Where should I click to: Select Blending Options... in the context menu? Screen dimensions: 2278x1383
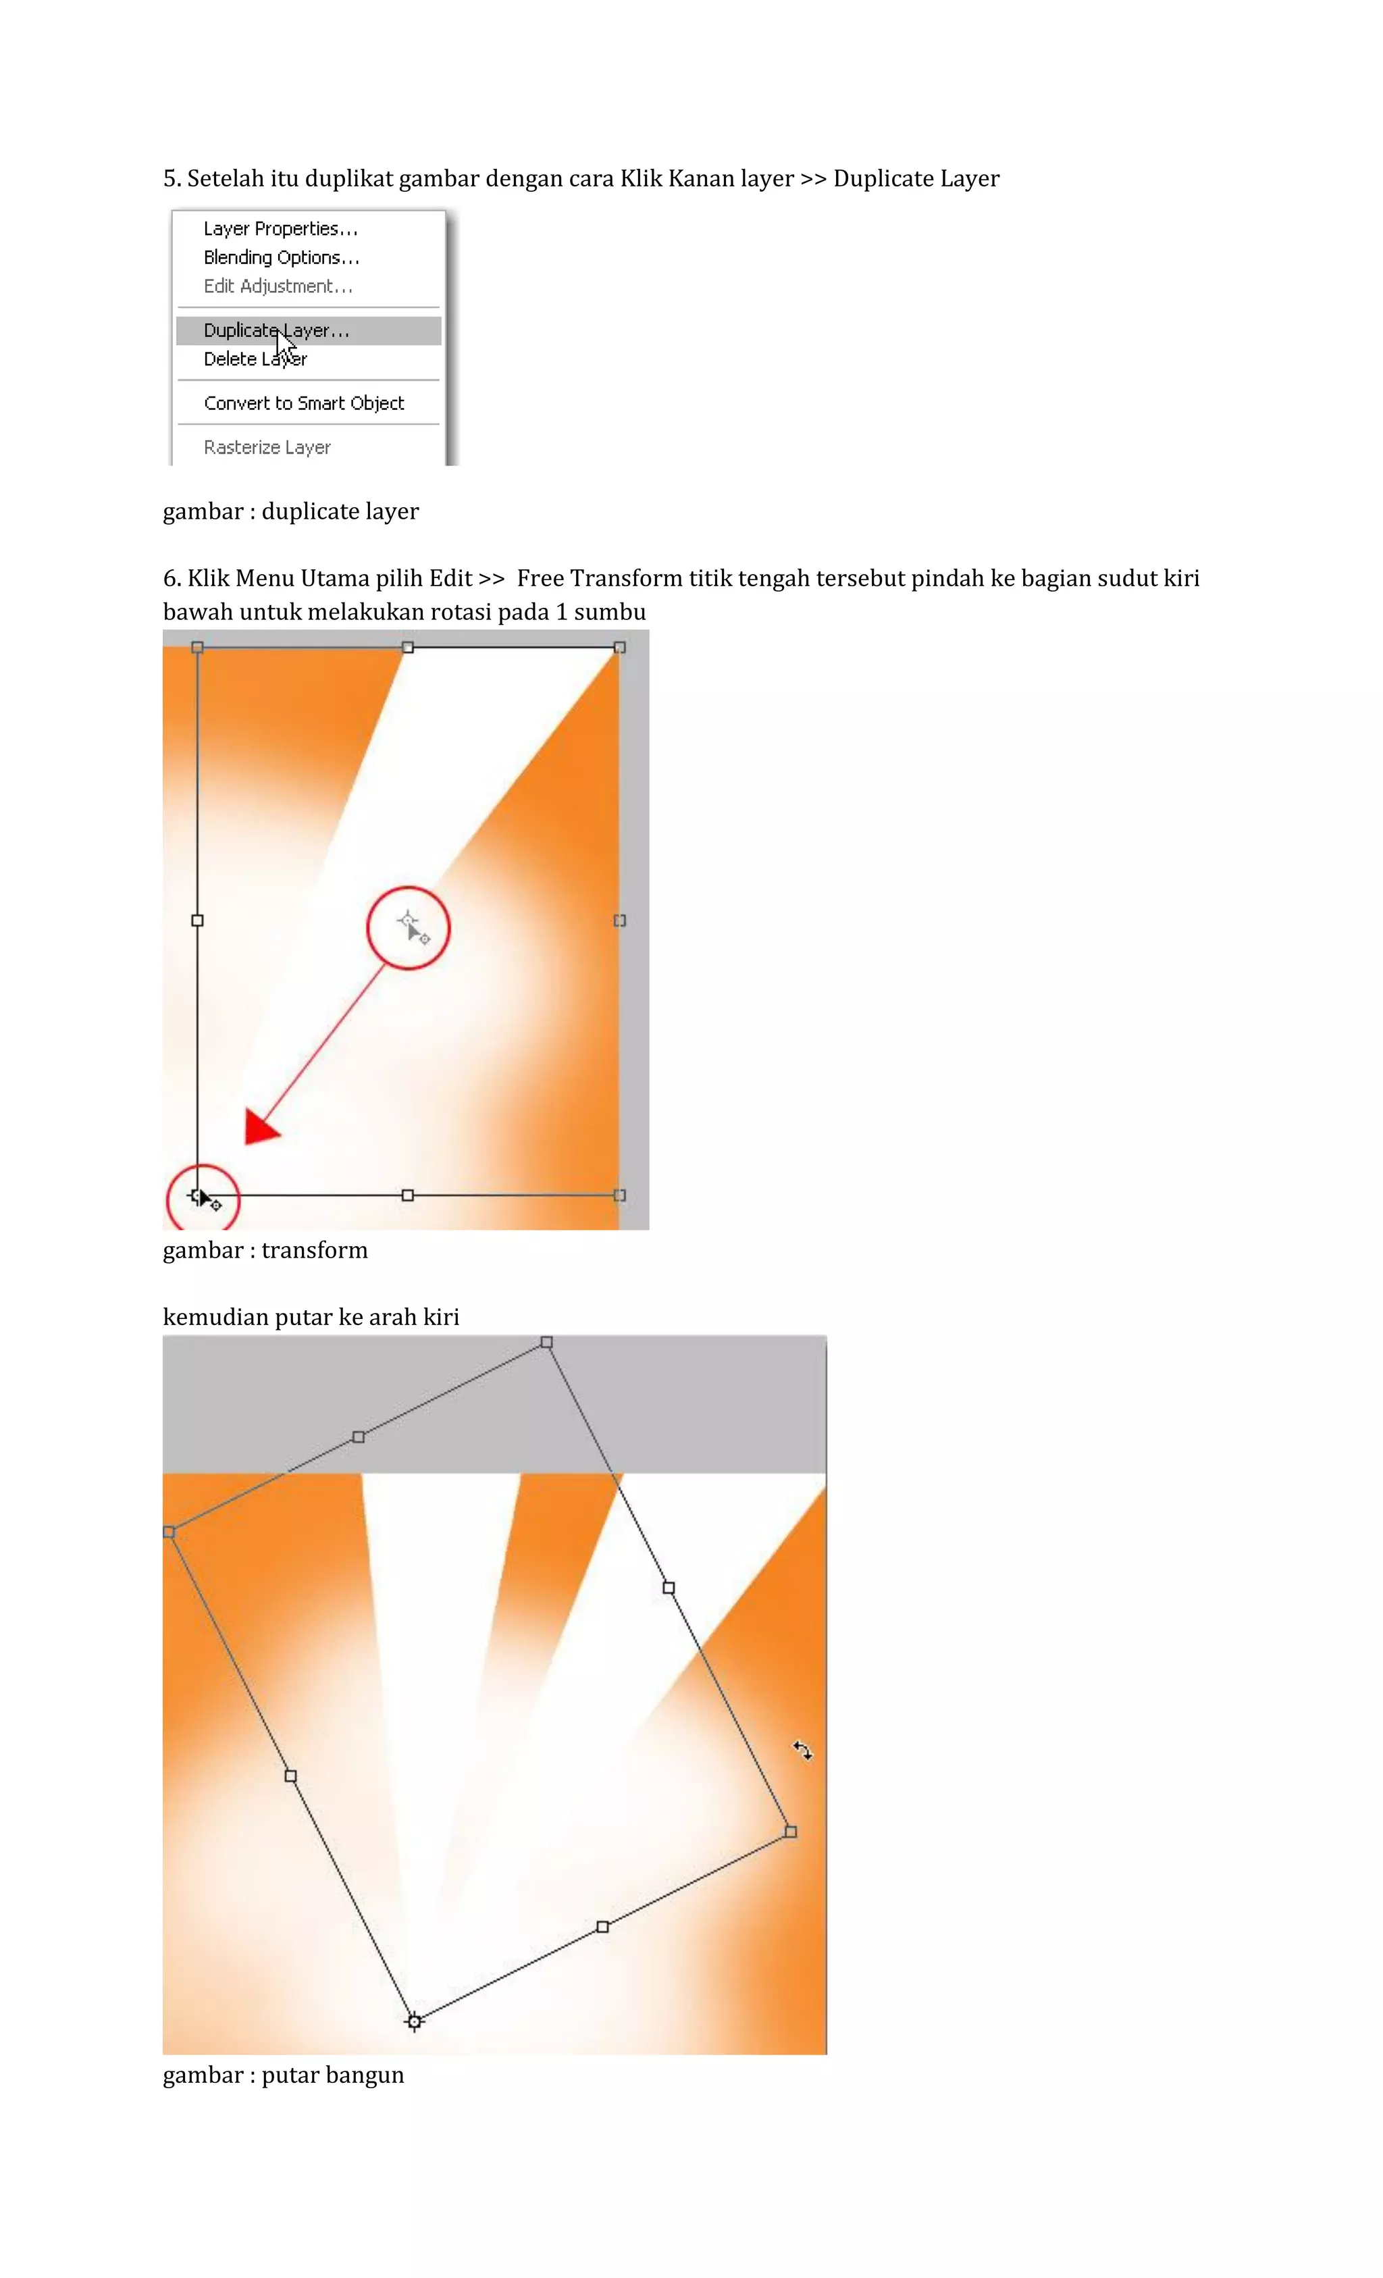[x=281, y=257]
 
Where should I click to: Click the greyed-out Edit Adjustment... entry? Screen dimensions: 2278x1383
[x=278, y=286]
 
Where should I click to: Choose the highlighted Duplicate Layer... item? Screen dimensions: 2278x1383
[x=276, y=330]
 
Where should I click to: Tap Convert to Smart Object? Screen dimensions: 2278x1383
[x=303, y=403]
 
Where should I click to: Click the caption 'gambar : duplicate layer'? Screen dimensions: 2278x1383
[x=290, y=511]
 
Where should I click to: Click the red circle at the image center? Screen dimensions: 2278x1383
[x=408, y=927]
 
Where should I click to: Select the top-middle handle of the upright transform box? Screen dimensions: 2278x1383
[x=408, y=647]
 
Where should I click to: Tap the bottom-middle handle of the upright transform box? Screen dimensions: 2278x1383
[x=408, y=1195]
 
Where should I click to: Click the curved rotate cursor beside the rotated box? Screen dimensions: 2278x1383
[x=802, y=1750]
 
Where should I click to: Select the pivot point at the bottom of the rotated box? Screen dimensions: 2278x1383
[x=414, y=2022]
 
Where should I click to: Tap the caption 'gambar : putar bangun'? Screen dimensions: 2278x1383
[x=283, y=2075]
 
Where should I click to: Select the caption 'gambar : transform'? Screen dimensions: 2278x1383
[x=265, y=1250]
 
